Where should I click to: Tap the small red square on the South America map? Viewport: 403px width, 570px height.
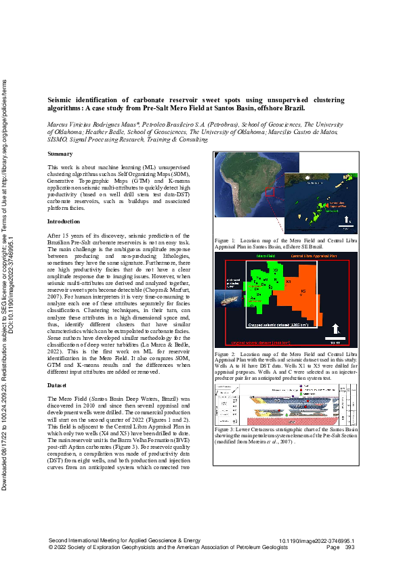coord(270,192)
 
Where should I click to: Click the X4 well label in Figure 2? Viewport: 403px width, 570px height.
coord(289,280)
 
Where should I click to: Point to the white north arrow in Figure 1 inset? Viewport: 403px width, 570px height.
coord(346,219)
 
